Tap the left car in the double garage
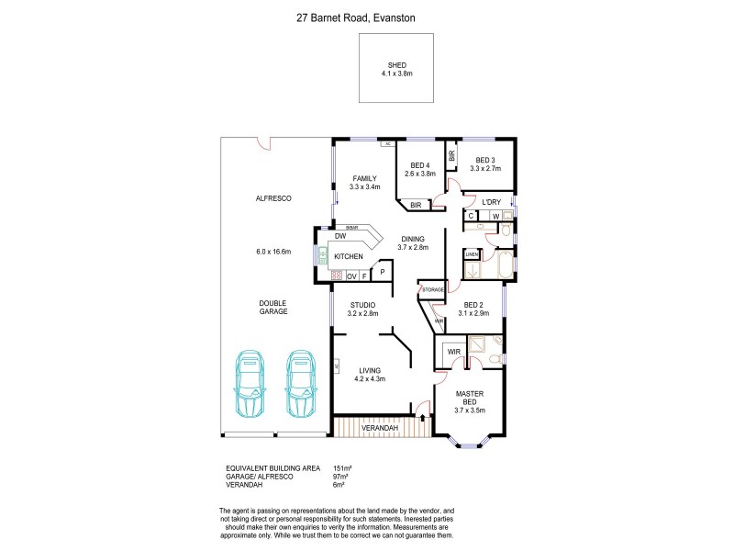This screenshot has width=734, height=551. tap(250, 383)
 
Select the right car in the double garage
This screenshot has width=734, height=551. tap(300, 383)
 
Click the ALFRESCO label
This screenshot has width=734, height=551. tap(273, 198)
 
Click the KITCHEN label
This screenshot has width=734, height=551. tap(350, 256)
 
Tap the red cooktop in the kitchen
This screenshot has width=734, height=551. tap(336, 275)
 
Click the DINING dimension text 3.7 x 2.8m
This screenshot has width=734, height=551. tap(412, 247)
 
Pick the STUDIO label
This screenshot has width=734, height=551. tap(365, 305)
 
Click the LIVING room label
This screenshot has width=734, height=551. tap(370, 370)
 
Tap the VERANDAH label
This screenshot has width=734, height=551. tap(378, 428)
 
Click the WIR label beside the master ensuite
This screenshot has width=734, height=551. tap(453, 351)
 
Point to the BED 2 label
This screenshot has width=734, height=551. tap(473, 305)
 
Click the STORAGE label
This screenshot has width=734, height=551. tap(432, 290)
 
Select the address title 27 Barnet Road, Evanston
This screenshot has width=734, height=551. tap(367, 16)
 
